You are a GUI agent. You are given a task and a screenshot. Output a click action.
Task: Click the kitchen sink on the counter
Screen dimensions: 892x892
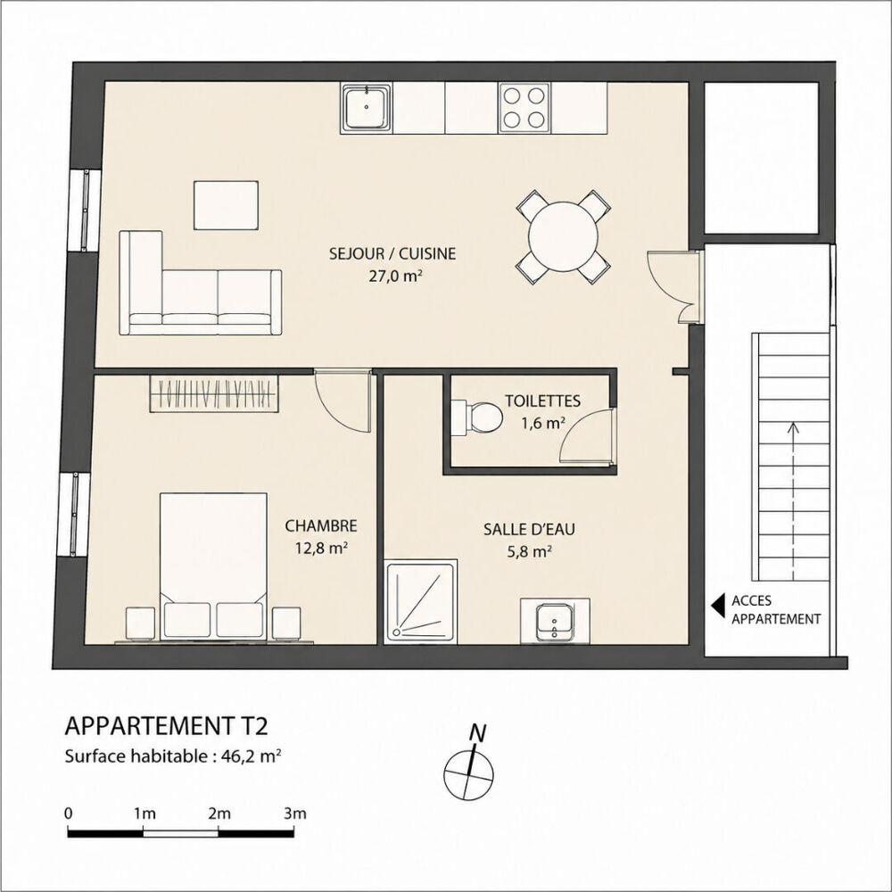tap(367, 107)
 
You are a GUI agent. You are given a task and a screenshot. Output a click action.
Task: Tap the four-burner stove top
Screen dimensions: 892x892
tap(524, 108)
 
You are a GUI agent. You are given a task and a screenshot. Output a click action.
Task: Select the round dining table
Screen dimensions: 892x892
tap(564, 237)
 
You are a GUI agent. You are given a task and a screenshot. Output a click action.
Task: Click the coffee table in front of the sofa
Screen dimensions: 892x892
tap(226, 205)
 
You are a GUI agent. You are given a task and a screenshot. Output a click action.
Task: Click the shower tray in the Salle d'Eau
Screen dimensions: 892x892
tap(420, 602)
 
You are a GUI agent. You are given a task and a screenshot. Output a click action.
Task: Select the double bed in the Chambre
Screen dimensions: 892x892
tap(213, 566)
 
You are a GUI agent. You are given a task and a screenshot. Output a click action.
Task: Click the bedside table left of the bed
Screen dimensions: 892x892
tap(140, 623)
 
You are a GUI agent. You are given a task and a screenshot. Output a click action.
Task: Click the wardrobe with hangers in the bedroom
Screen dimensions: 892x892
tap(214, 393)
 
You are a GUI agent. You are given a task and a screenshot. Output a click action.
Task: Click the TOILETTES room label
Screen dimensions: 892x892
tap(542, 401)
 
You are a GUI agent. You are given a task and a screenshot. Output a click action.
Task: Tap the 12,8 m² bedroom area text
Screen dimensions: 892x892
tap(321, 549)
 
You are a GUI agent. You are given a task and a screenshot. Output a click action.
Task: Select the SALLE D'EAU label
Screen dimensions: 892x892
tap(529, 529)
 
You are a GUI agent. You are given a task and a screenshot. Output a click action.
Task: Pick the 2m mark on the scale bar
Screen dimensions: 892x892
tap(219, 814)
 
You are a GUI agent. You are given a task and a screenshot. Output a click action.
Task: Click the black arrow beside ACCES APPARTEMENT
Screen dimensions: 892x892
tap(718, 607)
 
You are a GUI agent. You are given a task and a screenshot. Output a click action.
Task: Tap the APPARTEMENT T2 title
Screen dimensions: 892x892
tap(166, 726)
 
